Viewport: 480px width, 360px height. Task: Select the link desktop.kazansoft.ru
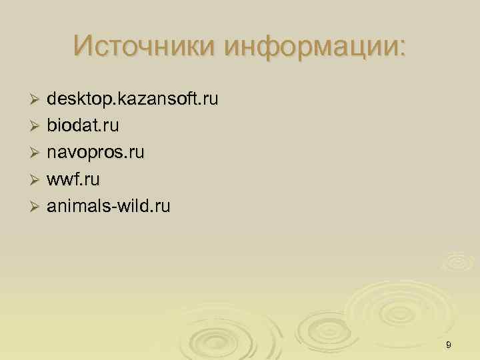132,101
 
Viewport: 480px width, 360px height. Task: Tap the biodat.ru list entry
83,127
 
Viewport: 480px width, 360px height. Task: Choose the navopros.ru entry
95,153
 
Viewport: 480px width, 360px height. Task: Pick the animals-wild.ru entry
108,207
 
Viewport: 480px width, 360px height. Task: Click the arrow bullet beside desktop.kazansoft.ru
36,101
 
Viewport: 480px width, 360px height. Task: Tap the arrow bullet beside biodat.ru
36,127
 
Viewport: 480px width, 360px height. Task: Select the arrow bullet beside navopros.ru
36,154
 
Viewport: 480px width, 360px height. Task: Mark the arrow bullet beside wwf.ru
36,181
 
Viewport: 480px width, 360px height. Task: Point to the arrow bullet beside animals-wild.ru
36,207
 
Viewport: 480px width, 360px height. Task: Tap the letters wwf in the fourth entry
61,180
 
